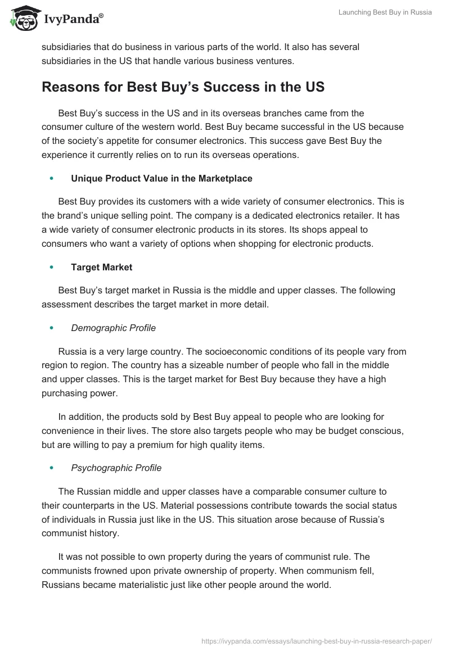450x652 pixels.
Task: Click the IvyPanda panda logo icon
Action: click(x=22, y=18)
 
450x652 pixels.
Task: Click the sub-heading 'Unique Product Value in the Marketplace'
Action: click(x=161, y=179)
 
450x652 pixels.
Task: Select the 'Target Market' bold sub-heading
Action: click(x=102, y=268)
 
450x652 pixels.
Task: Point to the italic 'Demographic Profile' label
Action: click(x=113, y=328)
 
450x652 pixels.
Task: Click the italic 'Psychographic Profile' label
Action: click(x=116, y=468)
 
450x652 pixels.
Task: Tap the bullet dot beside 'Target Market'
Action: click(x=52, y=268)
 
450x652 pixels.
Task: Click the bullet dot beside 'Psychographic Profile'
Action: click(x=52, y=468)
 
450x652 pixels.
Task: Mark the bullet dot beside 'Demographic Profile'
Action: click(x=52, y=328)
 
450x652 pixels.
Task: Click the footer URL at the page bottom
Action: click(x=317, y=640)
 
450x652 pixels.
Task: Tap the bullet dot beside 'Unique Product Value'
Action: click(x=52, y=179)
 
